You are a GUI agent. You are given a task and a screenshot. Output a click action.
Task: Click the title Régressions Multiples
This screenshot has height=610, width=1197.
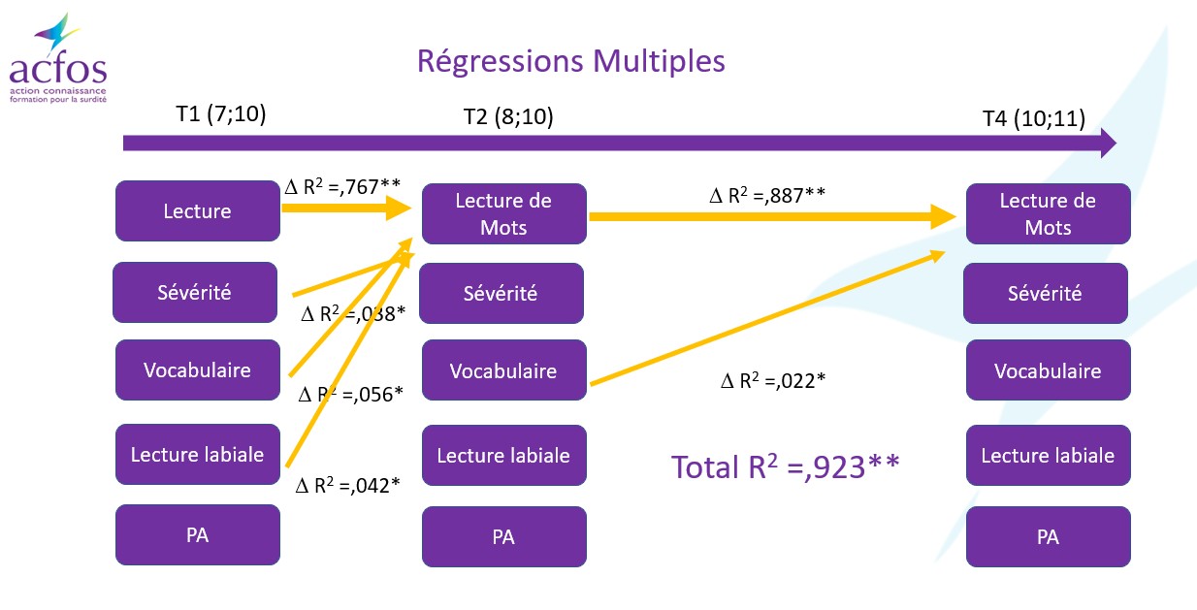coord(570,61)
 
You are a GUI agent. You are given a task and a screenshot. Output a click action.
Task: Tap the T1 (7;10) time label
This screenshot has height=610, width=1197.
coord(221,113)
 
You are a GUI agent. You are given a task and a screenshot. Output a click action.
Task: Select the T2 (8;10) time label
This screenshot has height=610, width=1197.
coord(508,116)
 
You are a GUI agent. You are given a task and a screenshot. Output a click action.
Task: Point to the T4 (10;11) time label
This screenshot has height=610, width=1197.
coord(1034,118)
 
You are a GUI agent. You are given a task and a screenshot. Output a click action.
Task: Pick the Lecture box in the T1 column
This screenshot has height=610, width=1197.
coord(198,211)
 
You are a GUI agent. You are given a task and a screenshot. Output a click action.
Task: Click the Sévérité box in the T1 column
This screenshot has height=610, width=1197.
coord(195,292)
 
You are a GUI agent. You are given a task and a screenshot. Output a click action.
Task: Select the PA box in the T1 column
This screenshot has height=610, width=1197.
coord(198,534)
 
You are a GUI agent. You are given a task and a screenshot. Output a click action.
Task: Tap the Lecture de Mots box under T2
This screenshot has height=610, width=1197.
coord(503,213)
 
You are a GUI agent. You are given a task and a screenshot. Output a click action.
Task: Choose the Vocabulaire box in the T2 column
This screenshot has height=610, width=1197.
coord(503,370)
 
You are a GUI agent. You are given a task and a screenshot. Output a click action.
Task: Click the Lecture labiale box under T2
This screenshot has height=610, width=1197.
coord(503,455)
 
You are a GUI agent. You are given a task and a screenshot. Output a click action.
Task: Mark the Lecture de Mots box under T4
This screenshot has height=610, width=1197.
coord(1049,213)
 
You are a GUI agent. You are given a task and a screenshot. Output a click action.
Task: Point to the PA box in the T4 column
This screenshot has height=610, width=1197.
coord(1049,536)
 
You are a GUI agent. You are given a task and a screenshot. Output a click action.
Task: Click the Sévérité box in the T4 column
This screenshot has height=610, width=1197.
coord(1046,293)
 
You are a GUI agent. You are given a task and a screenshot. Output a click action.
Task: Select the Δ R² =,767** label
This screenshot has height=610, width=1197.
coord(342,186)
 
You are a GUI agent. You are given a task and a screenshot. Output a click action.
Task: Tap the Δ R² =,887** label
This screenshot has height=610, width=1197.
coord(767,195)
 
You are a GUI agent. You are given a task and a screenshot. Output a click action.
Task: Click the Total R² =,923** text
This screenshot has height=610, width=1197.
coord(786,466)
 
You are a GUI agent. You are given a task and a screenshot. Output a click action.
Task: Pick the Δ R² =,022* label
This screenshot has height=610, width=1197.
coord(773,380)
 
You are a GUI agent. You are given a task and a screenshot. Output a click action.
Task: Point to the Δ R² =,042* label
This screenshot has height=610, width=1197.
coord(348,485)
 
